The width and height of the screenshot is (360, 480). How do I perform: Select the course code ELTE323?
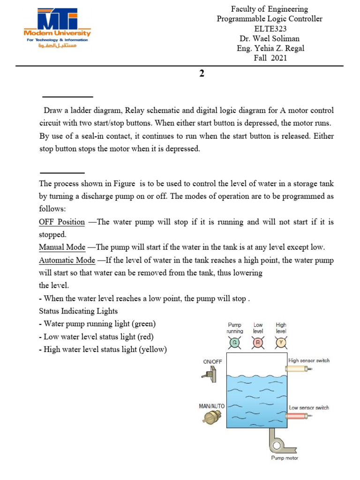click(x=269, y=29)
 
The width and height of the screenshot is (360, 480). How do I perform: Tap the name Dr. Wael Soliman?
click(x=269, y=38)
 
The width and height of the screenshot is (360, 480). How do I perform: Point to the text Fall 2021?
click(x=269, y=58)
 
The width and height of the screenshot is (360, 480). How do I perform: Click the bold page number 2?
click(x=202, y=74)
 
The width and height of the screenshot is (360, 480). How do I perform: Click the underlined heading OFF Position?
click(x=62, y=222)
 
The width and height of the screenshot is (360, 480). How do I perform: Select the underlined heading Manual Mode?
click(x=62, y=247)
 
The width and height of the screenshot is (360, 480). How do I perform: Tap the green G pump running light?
click(x=235, y=343)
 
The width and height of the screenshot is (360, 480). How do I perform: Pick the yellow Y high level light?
click(x=281, y=343)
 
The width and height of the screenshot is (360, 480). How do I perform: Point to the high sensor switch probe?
click(x=298, y=369)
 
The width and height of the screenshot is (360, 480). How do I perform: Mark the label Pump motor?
click(x=285, y=458)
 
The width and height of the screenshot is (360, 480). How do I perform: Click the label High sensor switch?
click(x=309, y=360)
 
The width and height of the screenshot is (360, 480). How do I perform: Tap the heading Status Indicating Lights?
click(x=78, y=311)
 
